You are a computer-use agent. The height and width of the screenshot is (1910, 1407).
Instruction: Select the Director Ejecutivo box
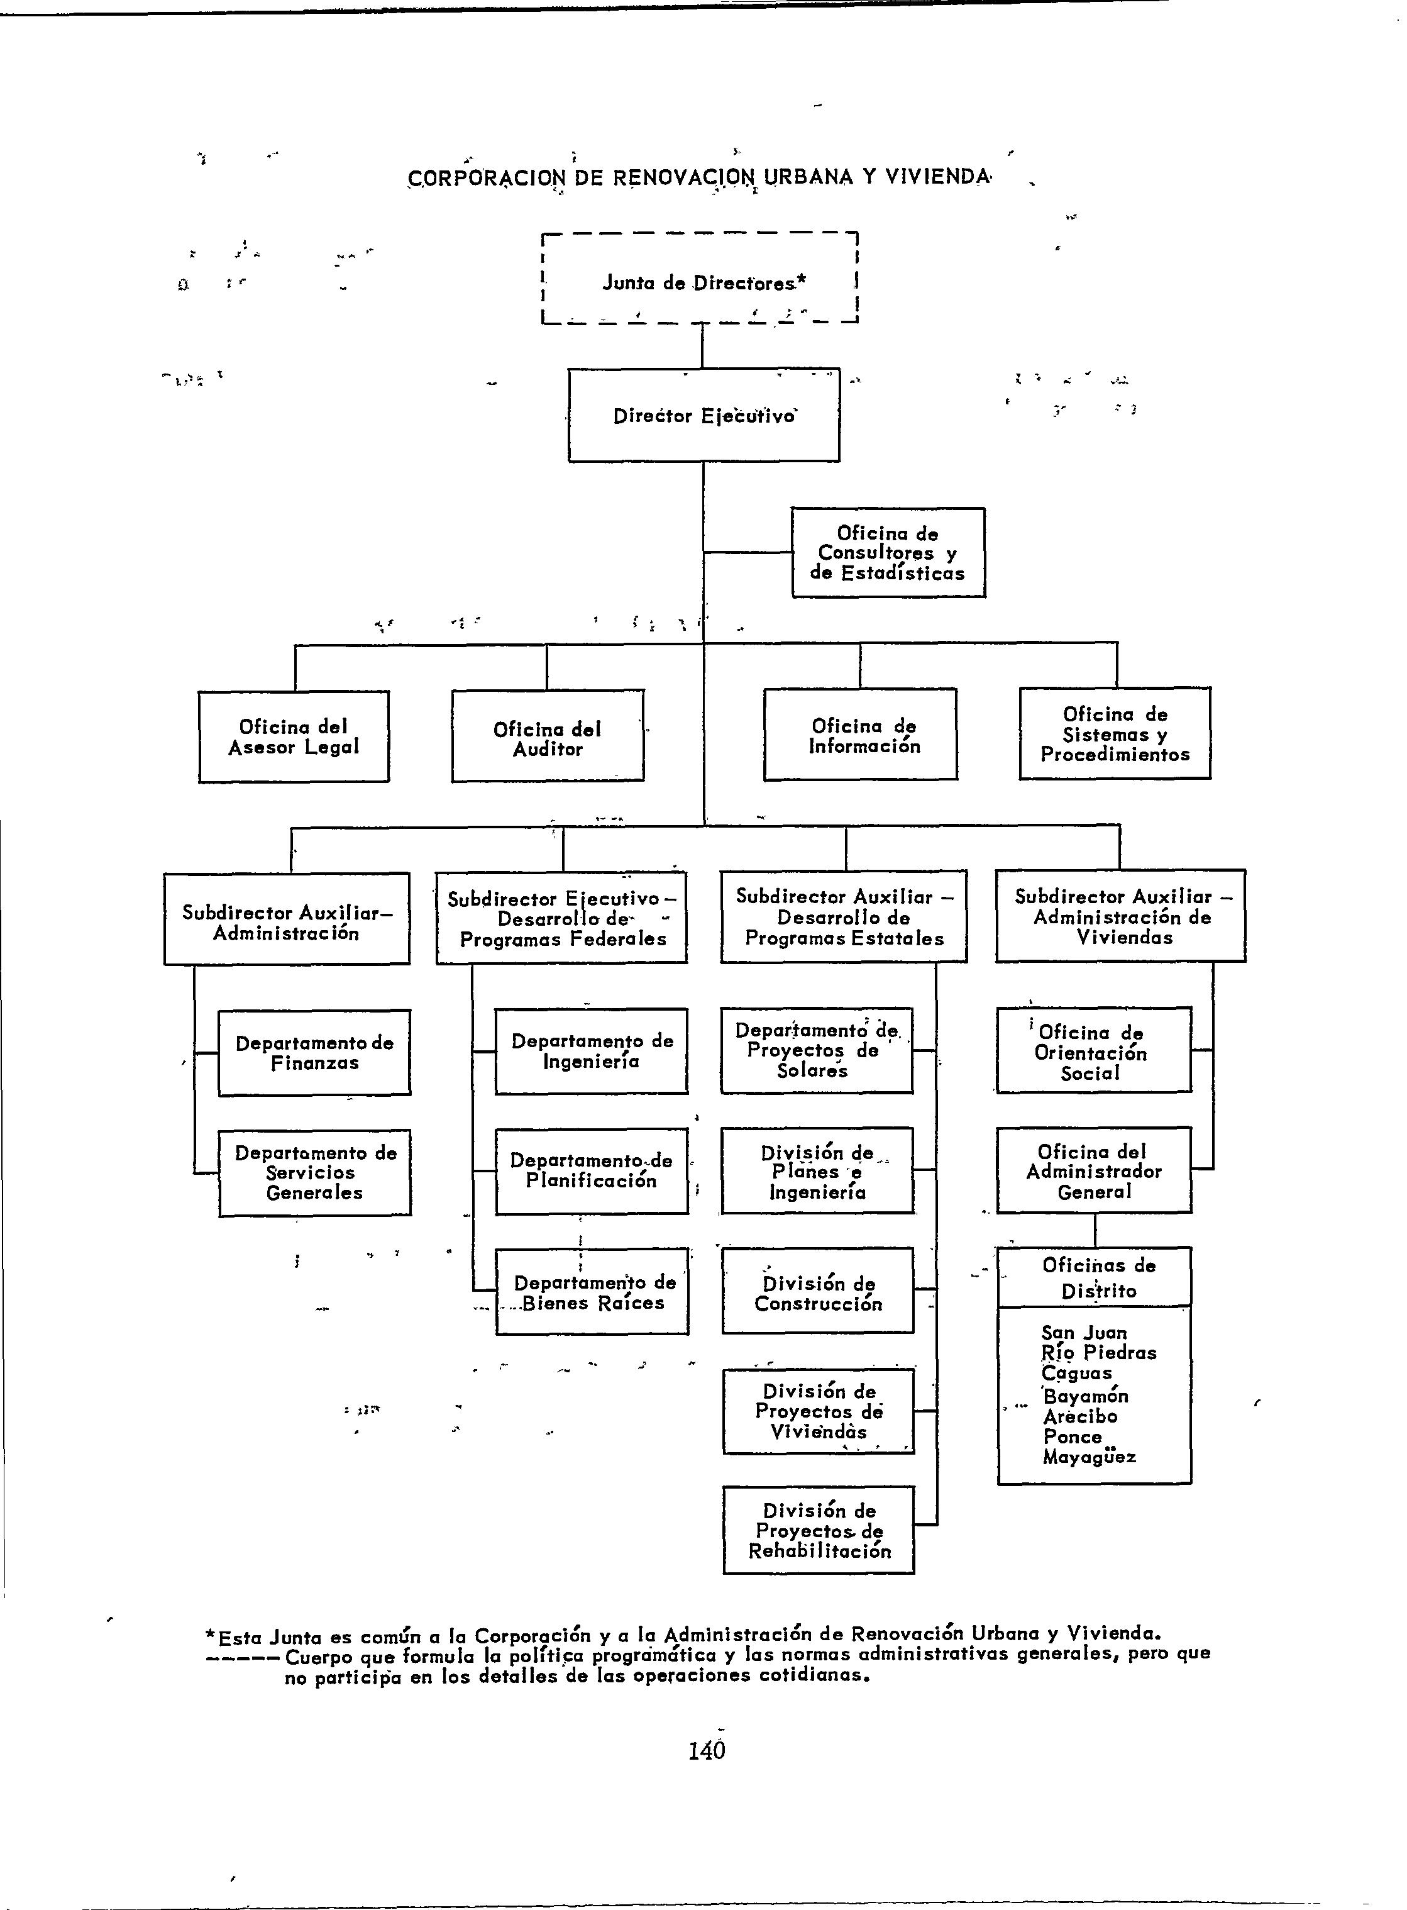(x=703, y=415)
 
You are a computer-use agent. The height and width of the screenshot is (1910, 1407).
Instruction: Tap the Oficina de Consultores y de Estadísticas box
(x=888, y=553)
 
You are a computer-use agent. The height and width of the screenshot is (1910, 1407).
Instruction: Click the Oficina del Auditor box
(x=548, y=736)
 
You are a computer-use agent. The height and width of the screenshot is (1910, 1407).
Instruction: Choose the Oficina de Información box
(x=860, y=735)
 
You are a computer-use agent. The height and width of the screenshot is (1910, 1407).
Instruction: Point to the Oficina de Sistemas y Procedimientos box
(x=1115, y=733)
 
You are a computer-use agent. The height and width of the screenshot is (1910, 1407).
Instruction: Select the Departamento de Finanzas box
(x=314, y=1052)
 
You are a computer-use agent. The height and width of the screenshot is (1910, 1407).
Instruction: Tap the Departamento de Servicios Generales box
(x=314, y=1172)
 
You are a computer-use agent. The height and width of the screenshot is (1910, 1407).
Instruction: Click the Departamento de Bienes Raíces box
(x=592, y=1292)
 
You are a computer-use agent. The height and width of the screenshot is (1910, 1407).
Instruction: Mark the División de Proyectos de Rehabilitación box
(x=819, y=1530)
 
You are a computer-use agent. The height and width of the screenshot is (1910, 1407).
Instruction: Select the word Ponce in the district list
(x=1073, y=1436)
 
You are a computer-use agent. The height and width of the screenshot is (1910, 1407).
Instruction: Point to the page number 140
(x=707, y=1749)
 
